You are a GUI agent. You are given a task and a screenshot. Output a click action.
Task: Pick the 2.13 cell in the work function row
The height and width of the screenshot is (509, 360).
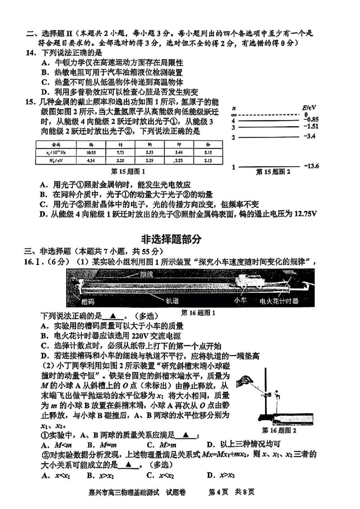pos(208,160)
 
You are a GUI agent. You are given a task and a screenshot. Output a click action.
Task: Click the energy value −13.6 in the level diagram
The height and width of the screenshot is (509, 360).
pos(310,166)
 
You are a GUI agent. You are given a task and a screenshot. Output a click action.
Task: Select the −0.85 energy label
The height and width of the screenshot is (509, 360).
pos(310,120)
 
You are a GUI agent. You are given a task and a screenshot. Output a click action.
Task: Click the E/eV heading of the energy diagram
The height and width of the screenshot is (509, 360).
pos(309,108)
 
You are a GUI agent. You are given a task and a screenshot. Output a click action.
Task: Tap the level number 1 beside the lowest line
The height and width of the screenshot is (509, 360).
pos(234,167)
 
